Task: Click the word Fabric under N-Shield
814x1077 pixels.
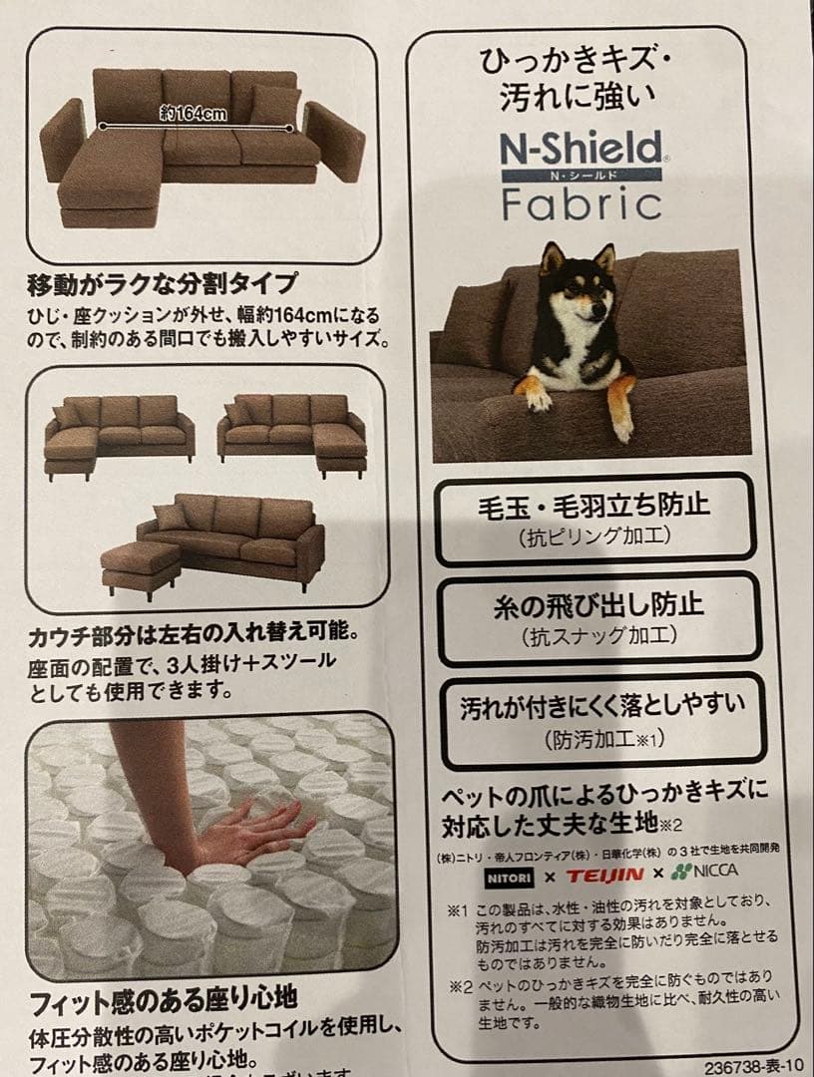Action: point(582,202)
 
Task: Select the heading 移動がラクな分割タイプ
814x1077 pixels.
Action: point(163,283)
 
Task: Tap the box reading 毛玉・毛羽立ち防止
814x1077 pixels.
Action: point(596,520)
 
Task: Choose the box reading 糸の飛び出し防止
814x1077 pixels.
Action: point(599,617)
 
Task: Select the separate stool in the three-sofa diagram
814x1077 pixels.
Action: point(141,565)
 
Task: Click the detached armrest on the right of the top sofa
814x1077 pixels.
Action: point(335,139)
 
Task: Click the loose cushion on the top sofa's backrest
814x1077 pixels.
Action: point(275,104)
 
